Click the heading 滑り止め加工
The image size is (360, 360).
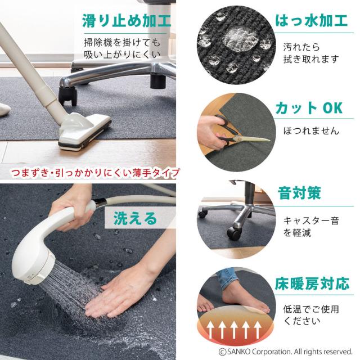[127, 21]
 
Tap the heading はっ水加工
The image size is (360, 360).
[311, 20]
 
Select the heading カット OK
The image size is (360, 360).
[309, 108]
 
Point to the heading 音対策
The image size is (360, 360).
[299, 193]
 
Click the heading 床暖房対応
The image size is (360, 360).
[312, 283]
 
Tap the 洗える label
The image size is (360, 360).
[135, 218]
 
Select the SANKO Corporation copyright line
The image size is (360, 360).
[285, 352]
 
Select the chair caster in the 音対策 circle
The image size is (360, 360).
[235, 233]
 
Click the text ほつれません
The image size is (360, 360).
[311, 131]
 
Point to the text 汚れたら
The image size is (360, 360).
[301, 47]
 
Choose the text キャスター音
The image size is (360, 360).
[311, 221]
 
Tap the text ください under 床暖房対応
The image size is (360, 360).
[301, 321]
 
